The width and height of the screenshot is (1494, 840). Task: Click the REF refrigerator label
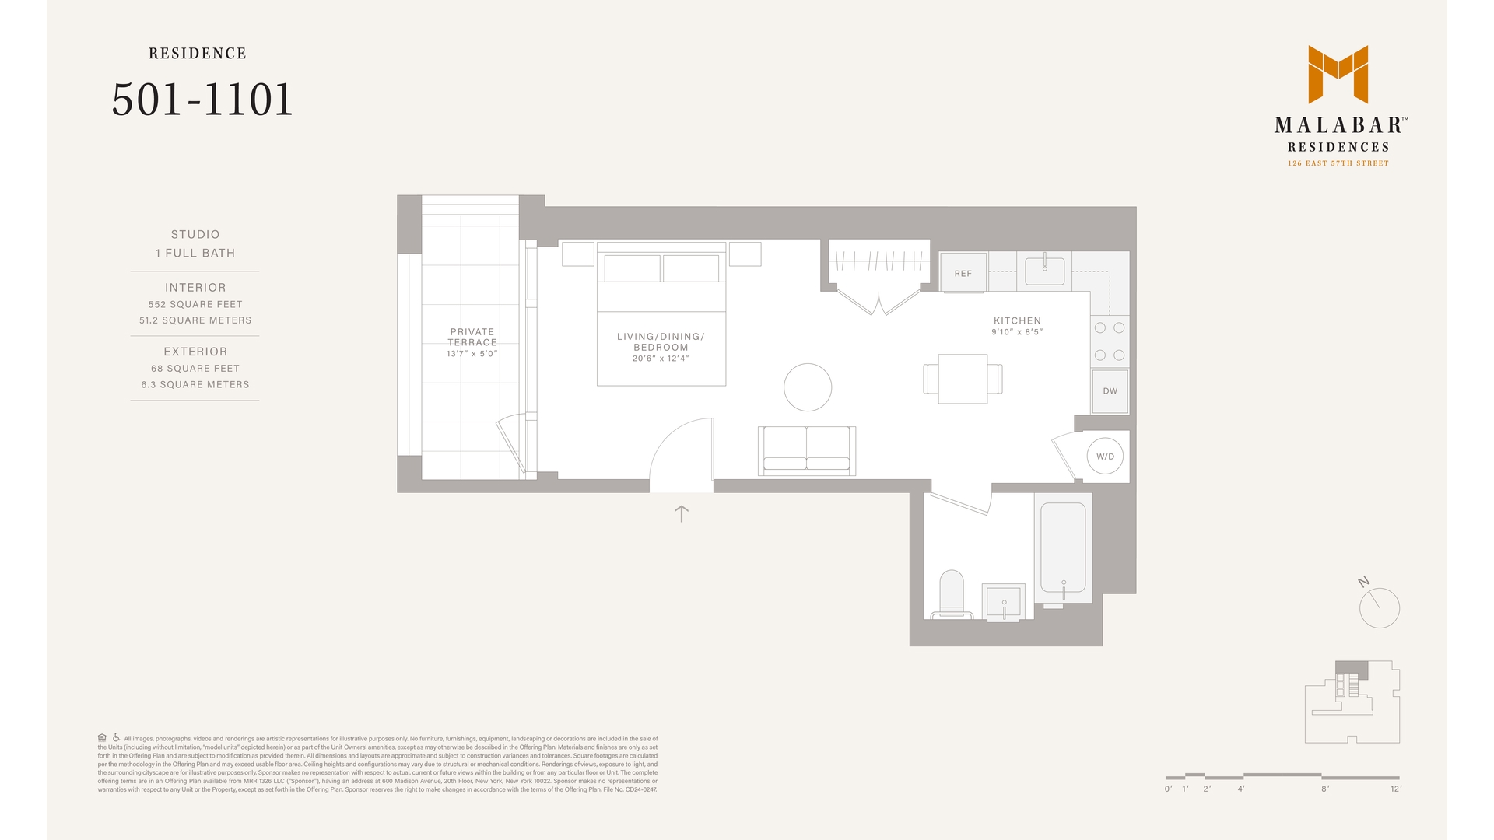point(963,274)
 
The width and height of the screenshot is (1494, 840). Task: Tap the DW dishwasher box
point(1110,391)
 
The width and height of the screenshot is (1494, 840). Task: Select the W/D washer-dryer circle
point(1105,457)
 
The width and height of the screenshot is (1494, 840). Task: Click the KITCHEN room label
point(1017,320)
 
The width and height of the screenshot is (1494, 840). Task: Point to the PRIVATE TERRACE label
point(472,337)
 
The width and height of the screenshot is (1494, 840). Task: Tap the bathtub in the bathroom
point(1063,548)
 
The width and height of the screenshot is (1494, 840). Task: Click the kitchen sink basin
point(1044,271)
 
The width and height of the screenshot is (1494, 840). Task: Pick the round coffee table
point(808,387)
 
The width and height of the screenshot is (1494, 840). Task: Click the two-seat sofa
point(807,450)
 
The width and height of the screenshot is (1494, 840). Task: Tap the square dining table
point(963,379)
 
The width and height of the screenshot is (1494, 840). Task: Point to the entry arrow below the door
point(682,513)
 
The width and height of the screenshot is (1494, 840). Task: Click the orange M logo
point(1338,74)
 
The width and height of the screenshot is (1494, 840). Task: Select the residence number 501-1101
point(202,100)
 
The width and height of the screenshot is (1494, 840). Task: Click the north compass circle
point(1380,608)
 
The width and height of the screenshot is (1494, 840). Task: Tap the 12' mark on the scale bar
point(1396,789)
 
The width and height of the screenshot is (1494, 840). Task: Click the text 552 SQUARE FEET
point(195,304)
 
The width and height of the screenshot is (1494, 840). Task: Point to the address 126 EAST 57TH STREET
point(1338,163)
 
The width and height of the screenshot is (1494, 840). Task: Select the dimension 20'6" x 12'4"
point(661,359)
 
